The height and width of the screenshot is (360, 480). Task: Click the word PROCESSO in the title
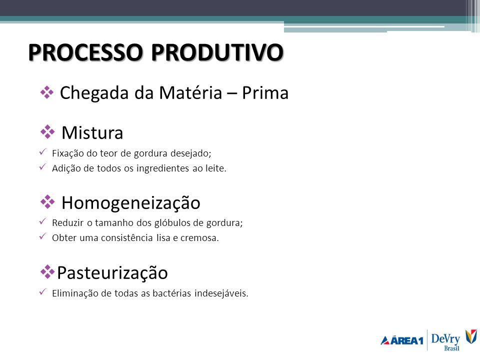pyautogui.click(x=85, y=52)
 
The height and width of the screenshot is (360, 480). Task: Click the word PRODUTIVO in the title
pyautogui.click(x=217, y=52)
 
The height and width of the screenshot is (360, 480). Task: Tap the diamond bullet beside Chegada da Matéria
pyautogui.click(x=47, y=92)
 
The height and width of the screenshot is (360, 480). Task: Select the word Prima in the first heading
pyautogui.click(x=265, y=92)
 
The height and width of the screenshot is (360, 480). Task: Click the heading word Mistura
pyautogui.click(x=92, y=133)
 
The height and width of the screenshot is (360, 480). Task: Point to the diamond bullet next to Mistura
pyautogui.click(x=47, y=132)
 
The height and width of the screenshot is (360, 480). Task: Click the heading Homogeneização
pyautogui.click(x=131, y=202)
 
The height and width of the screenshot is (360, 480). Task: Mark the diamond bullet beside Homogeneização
pyautogui.click(x=47, y=201)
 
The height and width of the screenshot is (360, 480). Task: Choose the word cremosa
pyautogui.click(x=199, y=238)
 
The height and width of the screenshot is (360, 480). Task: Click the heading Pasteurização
pyautogui.click(x=112, y=272)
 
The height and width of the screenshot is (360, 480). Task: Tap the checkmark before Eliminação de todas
pyautogui.click(x=42, y=291)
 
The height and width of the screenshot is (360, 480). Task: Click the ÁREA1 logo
pyautogui.click(x=402, y=340)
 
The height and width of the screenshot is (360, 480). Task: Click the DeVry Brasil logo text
pyautogui.click(x=445, y=341)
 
